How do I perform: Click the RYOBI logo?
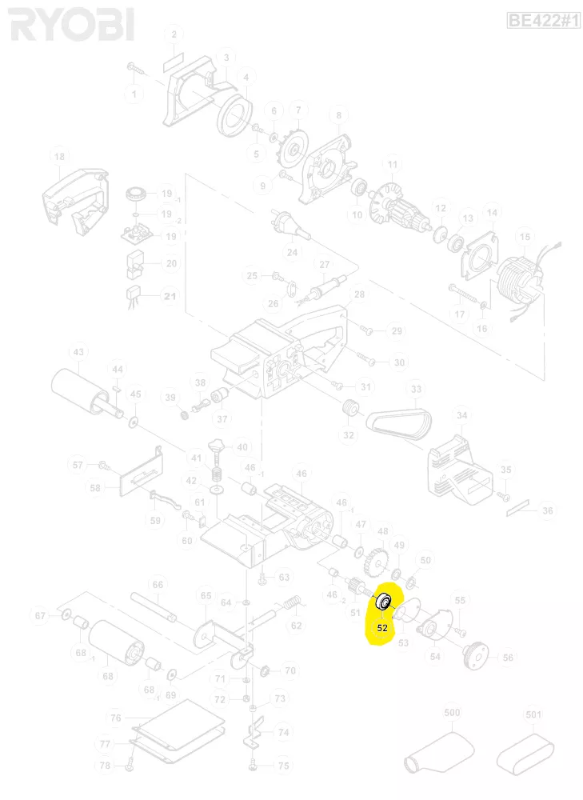(x=71, y=26)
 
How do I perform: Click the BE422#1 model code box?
(x=543, y=21)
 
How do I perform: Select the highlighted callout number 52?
(x=382, y=628)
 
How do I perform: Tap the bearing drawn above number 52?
(x=382, y=601)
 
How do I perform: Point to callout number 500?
(x=453, y=713)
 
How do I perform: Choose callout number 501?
(x=533, y=713)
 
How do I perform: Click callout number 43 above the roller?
(x=78, y=352)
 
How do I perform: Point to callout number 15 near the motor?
(x=525, y=237)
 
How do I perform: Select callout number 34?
(x=462, y=415)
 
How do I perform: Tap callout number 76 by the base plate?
(x=116, y=718)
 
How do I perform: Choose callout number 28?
(x=359, y=295)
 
